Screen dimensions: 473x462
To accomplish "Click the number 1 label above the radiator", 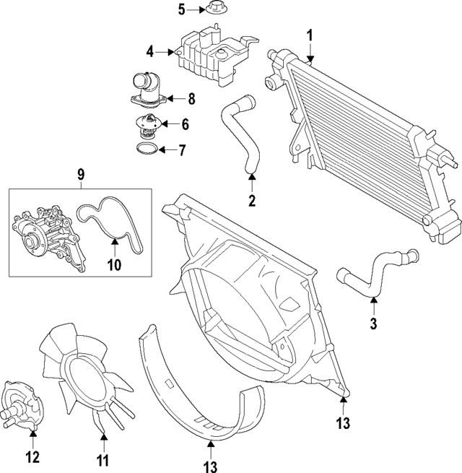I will pyautogui.click(x=310, y=34).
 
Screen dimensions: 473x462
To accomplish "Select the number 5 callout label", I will pyautogui.click(x=181, y=9).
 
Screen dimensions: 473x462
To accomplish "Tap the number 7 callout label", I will pyautogui.click(x=181, y=151).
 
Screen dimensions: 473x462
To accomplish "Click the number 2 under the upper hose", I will pyautogui.click(x=252, y=201).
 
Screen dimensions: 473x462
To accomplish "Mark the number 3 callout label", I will pyautogui.click(x=373, y=324).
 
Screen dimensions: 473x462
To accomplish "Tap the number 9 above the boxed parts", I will pyautogui.click(x=80, y=174).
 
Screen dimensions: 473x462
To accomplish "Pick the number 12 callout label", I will pyautogui.click(x=32, y=457).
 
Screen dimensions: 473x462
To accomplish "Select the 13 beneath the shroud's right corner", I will pyautogui.click(x=344, y=422).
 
